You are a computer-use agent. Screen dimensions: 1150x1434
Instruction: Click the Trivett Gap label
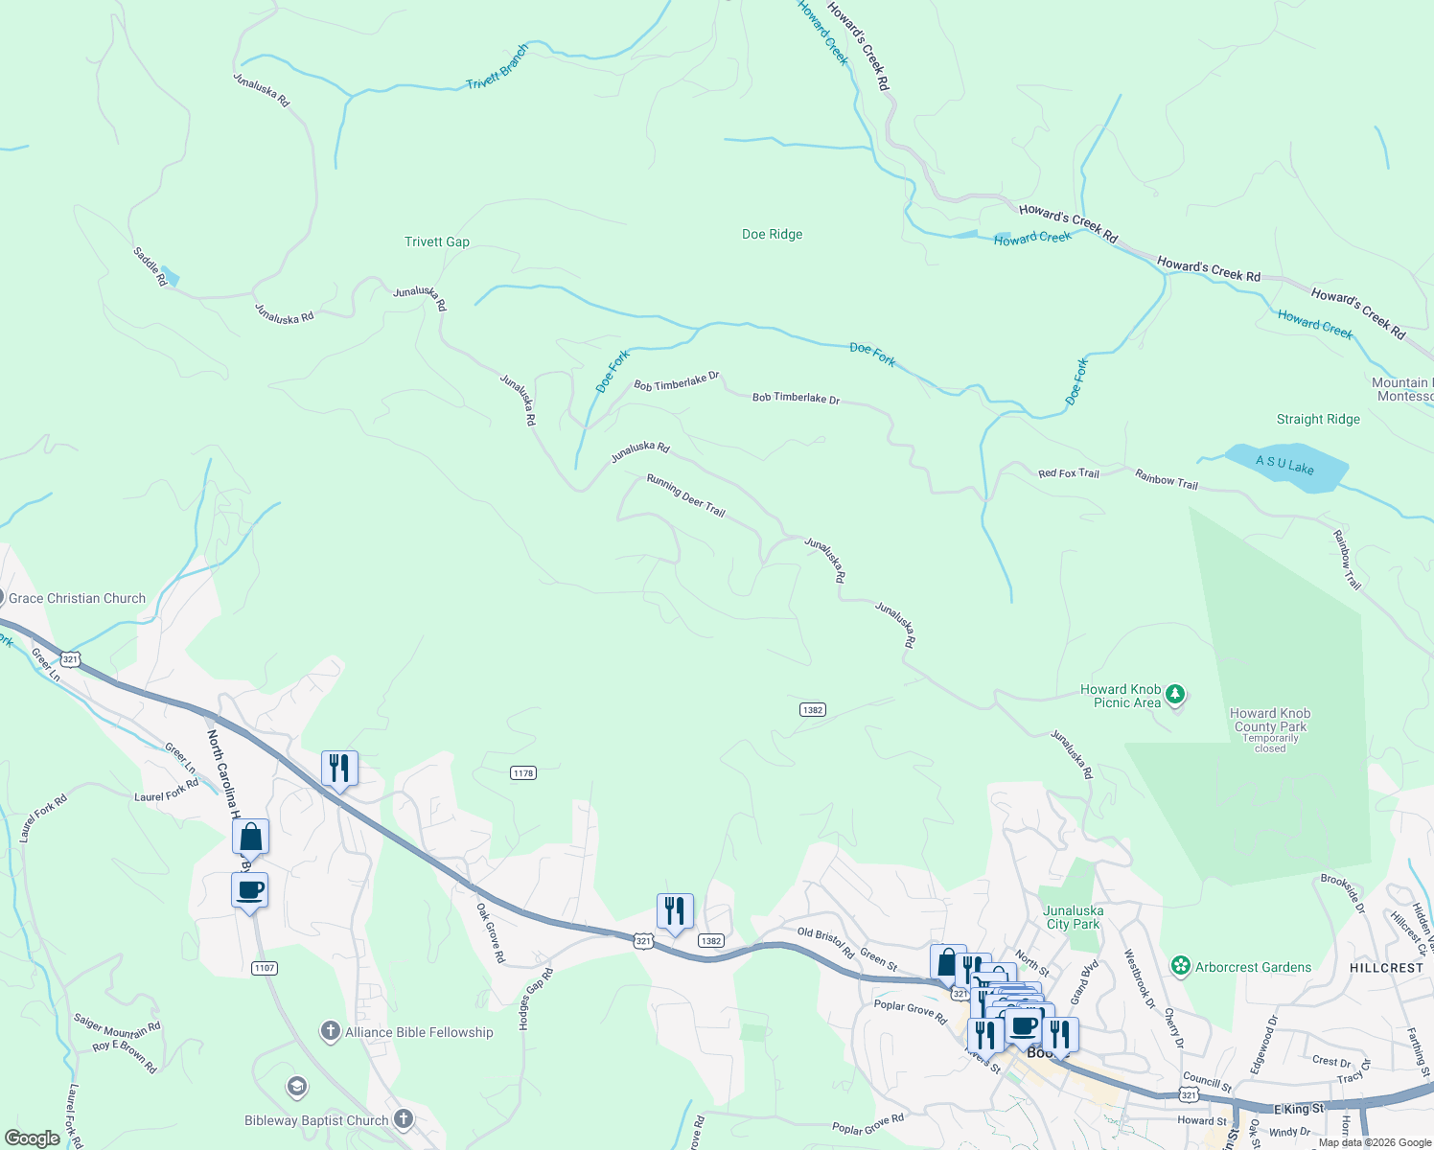click(x=437, y=242)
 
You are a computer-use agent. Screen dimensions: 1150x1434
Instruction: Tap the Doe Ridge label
click(x=773, y=235)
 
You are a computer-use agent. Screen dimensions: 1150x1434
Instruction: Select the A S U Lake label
click(x=1284, y=465)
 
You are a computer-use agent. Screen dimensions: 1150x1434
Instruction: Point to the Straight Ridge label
click(x=1318, y=420)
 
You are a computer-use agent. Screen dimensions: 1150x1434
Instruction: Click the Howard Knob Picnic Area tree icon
click(x=1176, y=694)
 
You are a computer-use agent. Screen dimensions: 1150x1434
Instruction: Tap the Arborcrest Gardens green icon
click(x=1181, y=966)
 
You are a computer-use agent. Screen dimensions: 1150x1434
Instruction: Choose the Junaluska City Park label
click(x=1074, y=918)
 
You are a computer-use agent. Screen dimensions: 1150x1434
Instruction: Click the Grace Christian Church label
click(x=77, y=599)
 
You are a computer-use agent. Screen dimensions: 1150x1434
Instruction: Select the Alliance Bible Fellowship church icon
click(x=331, y=1032)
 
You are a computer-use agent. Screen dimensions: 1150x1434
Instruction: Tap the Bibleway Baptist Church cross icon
click(x=404, y=1119)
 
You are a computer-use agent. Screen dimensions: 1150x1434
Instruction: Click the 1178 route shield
click(x=523, y=773)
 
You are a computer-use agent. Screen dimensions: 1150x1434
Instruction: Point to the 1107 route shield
click(x=265, y=968)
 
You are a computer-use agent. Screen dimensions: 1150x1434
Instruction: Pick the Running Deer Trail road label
click(x=685, y=494)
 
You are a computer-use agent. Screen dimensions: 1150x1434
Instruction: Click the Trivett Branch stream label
click(x=497, y=68)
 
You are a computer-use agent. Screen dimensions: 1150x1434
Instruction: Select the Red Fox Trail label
click(x=1069, y=473)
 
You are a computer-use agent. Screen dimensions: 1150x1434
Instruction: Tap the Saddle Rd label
click(x=150, y=266)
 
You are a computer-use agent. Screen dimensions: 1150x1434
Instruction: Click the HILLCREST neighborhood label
click(x=1386, y=968)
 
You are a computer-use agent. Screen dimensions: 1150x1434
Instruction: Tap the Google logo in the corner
click(x=33, y=1138)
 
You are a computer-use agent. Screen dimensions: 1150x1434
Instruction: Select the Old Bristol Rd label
click(x=825, y=942)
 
